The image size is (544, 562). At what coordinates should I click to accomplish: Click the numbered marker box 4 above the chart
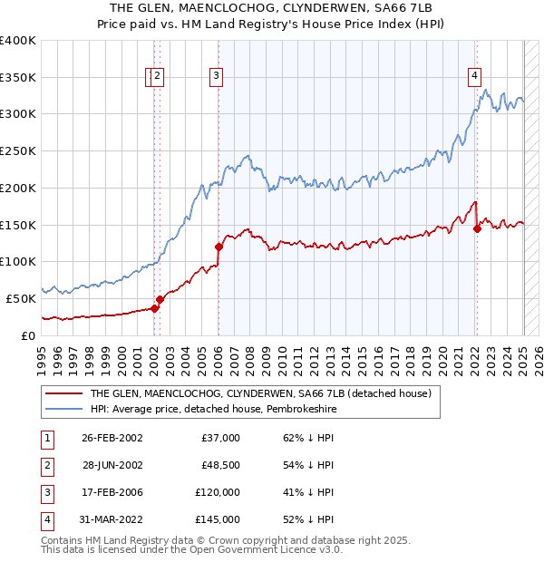click(x=474, y=77)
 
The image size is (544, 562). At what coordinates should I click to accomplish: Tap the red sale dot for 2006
click(x=219, y=246)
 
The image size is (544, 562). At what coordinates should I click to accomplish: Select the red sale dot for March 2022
click(x=477, y=228)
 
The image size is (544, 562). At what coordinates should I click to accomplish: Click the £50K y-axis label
click(x=22, y=298)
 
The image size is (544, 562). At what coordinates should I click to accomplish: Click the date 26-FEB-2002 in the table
click(x=112, y=438)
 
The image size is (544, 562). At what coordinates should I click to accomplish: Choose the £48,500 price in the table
click(x=219, y=465)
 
